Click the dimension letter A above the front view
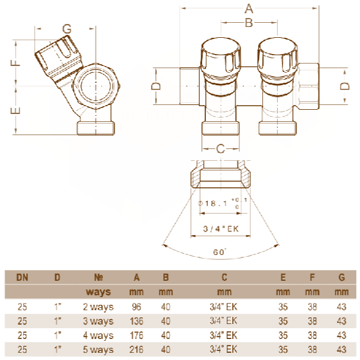(x=249, y=9)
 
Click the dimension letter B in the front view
(x=249, y=23)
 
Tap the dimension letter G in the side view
(x=67, y=29)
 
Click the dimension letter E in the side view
(x=17, y=110)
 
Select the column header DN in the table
(x=22, y=278)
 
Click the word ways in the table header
(x=99, y=292)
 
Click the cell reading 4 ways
(x=98, y=335)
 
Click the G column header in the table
(x=341, y=278)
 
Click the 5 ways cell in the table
(x=98, y=350)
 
